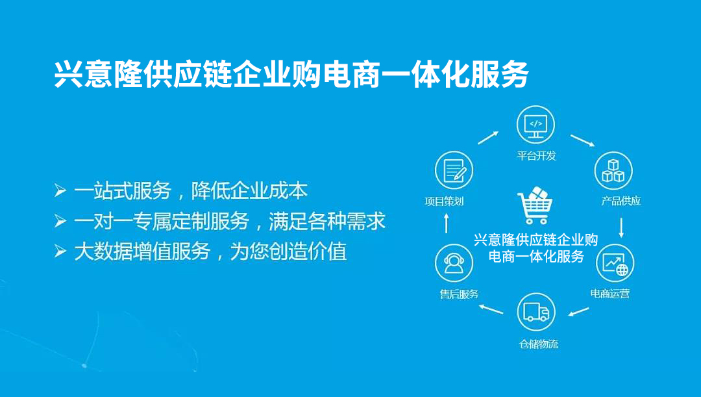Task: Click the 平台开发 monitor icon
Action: click(x=535, y=125)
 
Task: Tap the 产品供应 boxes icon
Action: click(x=613, y=170)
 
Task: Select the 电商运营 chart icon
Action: click(x=615, y=263)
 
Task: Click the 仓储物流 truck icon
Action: click(x=536, y=312)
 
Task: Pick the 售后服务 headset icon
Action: click(x=454, y=263)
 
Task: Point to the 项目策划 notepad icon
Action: click(x=454, y=170)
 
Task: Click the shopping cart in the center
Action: click(x=535, y=205)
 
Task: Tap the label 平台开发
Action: click(x=537, y=156)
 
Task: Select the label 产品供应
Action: click(x=621, y=201)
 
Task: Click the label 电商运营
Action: click(x=609, y=294)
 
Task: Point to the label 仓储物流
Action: click(x=539, y=344)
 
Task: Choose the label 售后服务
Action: click(x=459, y=294)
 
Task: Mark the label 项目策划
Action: click(x=444, y=201)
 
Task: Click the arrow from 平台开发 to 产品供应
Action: click(x=582, y=140)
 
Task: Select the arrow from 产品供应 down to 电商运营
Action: click(x=621, y=228)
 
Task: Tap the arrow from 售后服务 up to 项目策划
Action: click(x=446, y=223)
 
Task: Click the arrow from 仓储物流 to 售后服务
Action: click(x=491, y=309)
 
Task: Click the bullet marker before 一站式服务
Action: click(x=60, y=190)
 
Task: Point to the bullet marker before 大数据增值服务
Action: click(x=60, y=251)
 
